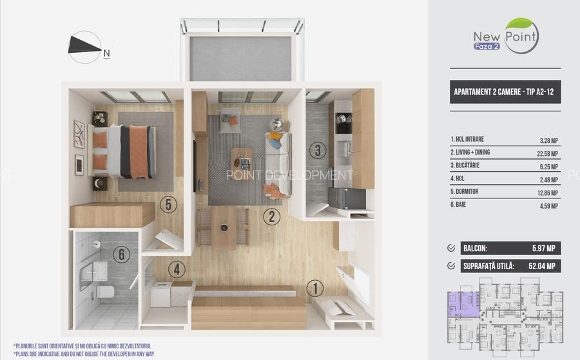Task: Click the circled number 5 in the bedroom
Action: coord(168,204)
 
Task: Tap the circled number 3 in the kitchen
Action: coord(318,151)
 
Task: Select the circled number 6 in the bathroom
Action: coord(121,254)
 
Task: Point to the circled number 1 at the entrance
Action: coord(315,289)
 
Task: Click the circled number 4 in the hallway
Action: coord(177,269)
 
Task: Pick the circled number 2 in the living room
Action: coord(272,217)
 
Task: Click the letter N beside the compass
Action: coord(106,53)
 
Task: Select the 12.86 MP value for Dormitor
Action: coord(547,193)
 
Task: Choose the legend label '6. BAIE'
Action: coord(458,204)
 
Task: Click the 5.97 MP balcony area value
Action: coord(544,249)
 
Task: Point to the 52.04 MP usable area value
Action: coord(542,266)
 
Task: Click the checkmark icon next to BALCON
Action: coord(451,248)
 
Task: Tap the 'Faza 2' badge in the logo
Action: coord(487,46)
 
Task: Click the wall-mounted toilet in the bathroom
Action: coord(105,291)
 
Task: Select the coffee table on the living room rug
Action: coord(242,159)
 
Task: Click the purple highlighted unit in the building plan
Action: coord(463,305)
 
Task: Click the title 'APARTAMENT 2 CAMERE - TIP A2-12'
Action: coord(504,91)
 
